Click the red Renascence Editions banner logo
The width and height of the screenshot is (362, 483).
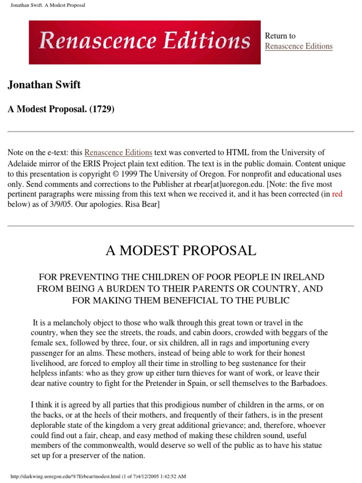145,42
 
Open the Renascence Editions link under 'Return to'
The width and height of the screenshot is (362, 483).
298,46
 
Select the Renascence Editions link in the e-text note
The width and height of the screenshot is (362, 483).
118,153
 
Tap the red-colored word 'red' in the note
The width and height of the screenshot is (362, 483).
337,194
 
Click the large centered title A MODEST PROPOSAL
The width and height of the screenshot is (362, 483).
181,250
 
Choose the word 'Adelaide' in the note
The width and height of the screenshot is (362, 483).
23,164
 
